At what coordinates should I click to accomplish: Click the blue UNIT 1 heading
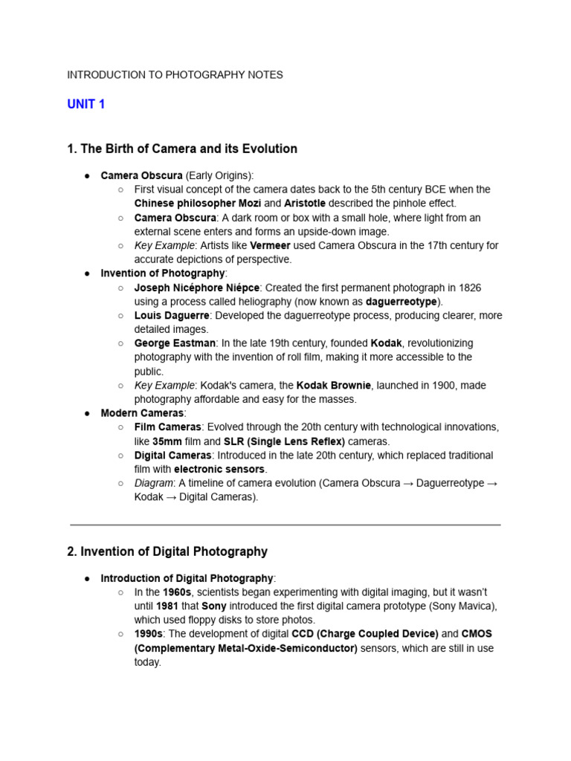86,105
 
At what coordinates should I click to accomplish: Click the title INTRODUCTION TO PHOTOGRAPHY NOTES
175,75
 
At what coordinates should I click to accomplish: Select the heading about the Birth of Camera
182,149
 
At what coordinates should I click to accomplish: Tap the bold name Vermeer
270,245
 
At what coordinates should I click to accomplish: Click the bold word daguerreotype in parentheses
401,302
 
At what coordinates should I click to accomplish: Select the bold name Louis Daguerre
172,315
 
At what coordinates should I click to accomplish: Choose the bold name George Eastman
175,343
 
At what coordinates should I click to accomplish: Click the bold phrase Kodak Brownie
333,385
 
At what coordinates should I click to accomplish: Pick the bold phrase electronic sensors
219,470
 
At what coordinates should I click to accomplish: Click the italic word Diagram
153,483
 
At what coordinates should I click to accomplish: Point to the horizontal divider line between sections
285,525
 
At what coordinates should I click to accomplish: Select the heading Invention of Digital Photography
167,551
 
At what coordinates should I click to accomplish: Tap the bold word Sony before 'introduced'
214,606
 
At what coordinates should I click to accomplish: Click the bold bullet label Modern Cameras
142,413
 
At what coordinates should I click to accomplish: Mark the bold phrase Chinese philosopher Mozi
197,204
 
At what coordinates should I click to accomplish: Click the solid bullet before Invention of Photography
87,273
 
